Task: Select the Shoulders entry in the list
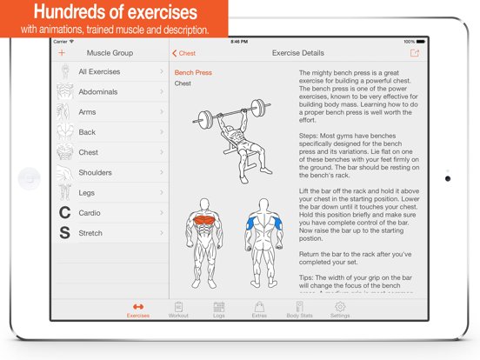point(95,172)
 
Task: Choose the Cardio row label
point(90,212)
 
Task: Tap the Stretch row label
point(90,233)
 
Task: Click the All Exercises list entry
point(100,72)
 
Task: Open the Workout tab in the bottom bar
point(178,310)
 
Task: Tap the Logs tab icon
point(218,310)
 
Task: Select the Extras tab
point(259,310)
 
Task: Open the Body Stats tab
point(299,310)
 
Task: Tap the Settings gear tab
point(340,310)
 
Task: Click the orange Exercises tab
point(137,310)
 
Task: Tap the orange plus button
point(62,53)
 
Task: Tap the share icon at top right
point(414,53)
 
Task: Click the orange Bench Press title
point(193,73)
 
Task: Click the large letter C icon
point(63,213)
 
